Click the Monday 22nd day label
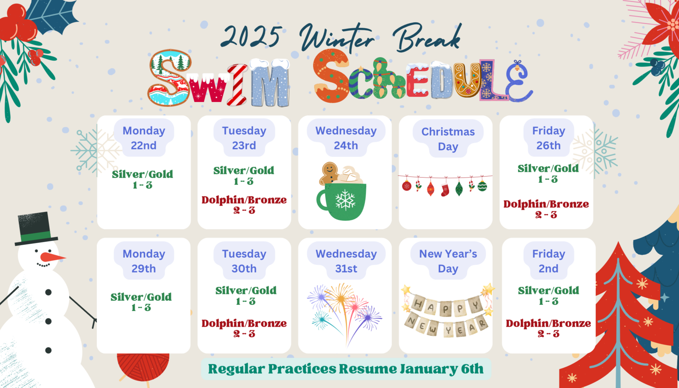pyautogui.click(x=144, y=138)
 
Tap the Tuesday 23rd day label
pyautogui.click(x=244, y=138)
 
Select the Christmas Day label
pyautogui.click(x=448, y=139)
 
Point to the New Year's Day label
pyautogui.click(x=448, y=261)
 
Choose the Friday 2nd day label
pyautogui.click(x=549, y=261)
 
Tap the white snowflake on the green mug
pyautogui.click(x=345, y=200)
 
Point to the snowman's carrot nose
pyautogui.click(x=52, y=257)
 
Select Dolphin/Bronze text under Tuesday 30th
pyautogui.click(x=244, y=323)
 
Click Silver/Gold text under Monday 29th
pyautogui.click(x=141, y=297)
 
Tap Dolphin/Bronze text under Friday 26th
pyautogui.click(x=546, y=204)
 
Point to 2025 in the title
pyautogui.click(x=251, y=36)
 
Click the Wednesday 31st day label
pyautogui.click(x=346, y=261)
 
